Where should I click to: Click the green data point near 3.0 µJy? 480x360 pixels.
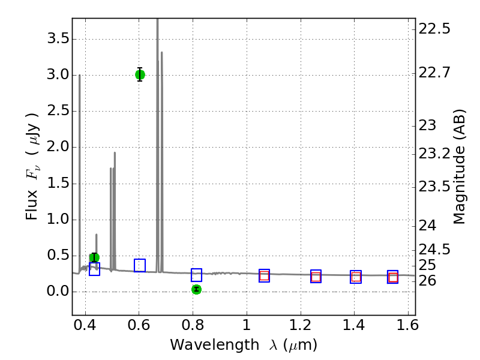[x=140, y=74]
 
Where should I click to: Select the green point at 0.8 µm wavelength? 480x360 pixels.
[x=196, y=289]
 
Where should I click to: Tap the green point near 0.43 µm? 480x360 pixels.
[x=94, y=258]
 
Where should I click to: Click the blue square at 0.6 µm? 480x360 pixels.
[x=140, y=265]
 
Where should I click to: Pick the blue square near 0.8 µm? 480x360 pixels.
[x=196, y=275]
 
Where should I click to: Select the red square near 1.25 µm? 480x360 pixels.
[x=316, y=277]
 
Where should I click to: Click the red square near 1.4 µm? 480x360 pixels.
[x=356, y=277]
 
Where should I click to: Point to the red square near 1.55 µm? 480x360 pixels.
[x=393, y=277]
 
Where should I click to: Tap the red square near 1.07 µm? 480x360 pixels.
[x=264, y=276]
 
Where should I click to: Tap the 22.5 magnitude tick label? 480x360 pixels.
[x=434, y=29]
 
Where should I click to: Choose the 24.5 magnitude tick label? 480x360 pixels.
[x=434, y=249]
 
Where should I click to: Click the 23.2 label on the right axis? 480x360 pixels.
[x=434, y=154]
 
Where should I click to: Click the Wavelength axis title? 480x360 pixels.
[x=243, y=345]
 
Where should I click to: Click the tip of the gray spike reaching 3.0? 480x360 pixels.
[x=79, y=75]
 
